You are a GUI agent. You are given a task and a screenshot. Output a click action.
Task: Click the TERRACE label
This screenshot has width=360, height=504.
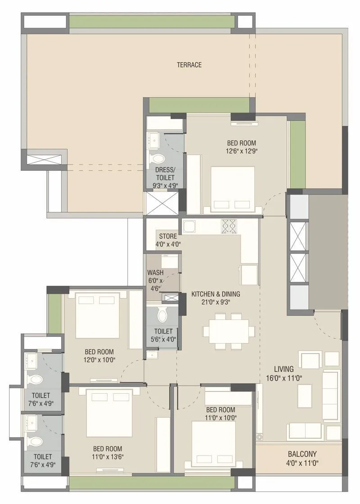(x=189, y=65)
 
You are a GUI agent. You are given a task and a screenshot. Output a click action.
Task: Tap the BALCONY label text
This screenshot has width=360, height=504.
(x=302, y=454)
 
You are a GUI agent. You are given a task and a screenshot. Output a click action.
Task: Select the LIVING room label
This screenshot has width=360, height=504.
(x=286, y=369)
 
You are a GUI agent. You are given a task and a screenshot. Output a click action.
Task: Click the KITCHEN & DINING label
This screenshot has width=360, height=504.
(x=216, y=294)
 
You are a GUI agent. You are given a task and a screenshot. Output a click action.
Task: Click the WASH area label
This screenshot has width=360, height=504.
(x=155, y=273)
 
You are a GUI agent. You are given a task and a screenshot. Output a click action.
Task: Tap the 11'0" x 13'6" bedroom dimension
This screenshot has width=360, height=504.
(x=108, y=456)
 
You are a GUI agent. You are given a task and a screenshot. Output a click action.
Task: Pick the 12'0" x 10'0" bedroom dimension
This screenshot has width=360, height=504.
(x=99, y=359)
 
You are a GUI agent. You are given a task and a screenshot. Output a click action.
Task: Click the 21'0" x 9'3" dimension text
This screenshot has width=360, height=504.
(x=216, y=302)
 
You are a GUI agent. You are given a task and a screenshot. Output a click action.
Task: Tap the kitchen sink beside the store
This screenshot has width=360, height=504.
(x=189, y=226)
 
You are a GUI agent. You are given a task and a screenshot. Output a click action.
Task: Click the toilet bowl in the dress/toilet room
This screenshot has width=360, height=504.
(x=157, y=158)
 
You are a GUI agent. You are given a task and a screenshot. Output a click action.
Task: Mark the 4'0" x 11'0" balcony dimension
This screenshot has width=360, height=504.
(x=302, y=463)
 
